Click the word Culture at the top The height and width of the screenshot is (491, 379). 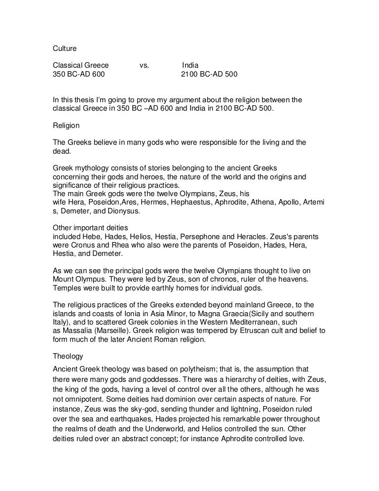[x=65, y=49]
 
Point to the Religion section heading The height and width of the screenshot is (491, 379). [x=67, y=126]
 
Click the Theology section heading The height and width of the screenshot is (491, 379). [x=69, y=355]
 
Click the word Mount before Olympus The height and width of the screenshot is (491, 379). [x=64, y=280]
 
